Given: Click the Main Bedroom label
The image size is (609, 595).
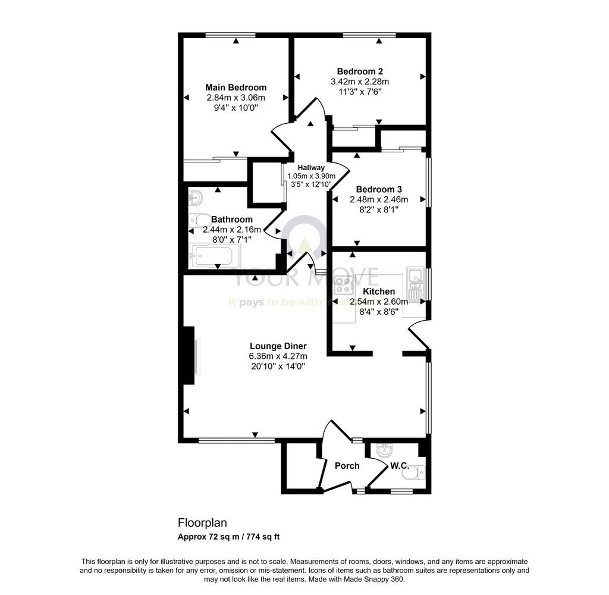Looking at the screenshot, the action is point(236,87).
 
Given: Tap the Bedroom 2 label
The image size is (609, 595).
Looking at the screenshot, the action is point(360,71).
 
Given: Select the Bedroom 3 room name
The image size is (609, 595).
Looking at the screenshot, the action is point(379,189).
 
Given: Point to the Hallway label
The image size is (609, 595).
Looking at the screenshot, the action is point(311,168).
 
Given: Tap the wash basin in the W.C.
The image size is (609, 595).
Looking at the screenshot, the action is point(385,451).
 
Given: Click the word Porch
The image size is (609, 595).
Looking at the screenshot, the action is point(347,465).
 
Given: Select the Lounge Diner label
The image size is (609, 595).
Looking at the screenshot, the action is point(278,346).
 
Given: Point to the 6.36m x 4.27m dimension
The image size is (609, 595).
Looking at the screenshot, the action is point(278,356).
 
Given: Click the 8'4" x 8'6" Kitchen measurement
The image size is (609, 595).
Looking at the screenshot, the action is point(379,311).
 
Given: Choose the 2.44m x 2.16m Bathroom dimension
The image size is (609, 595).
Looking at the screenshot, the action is point(232,230).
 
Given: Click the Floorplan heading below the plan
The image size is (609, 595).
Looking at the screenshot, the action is point(202,523).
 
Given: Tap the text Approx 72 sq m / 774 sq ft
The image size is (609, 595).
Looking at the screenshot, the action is point(229,537).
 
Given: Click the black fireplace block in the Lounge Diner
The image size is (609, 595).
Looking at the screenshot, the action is point(189,356).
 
